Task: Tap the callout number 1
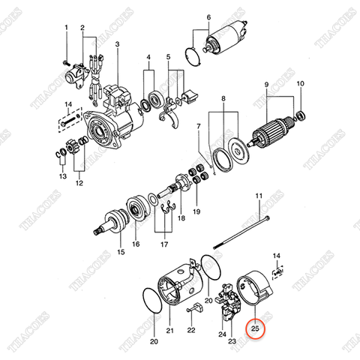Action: click(66, 28)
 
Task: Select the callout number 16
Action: click(136, 244)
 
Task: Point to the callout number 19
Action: click(197, 212)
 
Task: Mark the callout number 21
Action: click(169, 330)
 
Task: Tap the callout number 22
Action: click(190, 330)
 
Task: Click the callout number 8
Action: click(222, 99)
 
